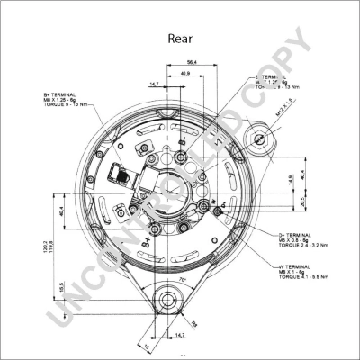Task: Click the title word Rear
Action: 180,40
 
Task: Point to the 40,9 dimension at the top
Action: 185,73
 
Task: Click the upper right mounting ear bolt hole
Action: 262,139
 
